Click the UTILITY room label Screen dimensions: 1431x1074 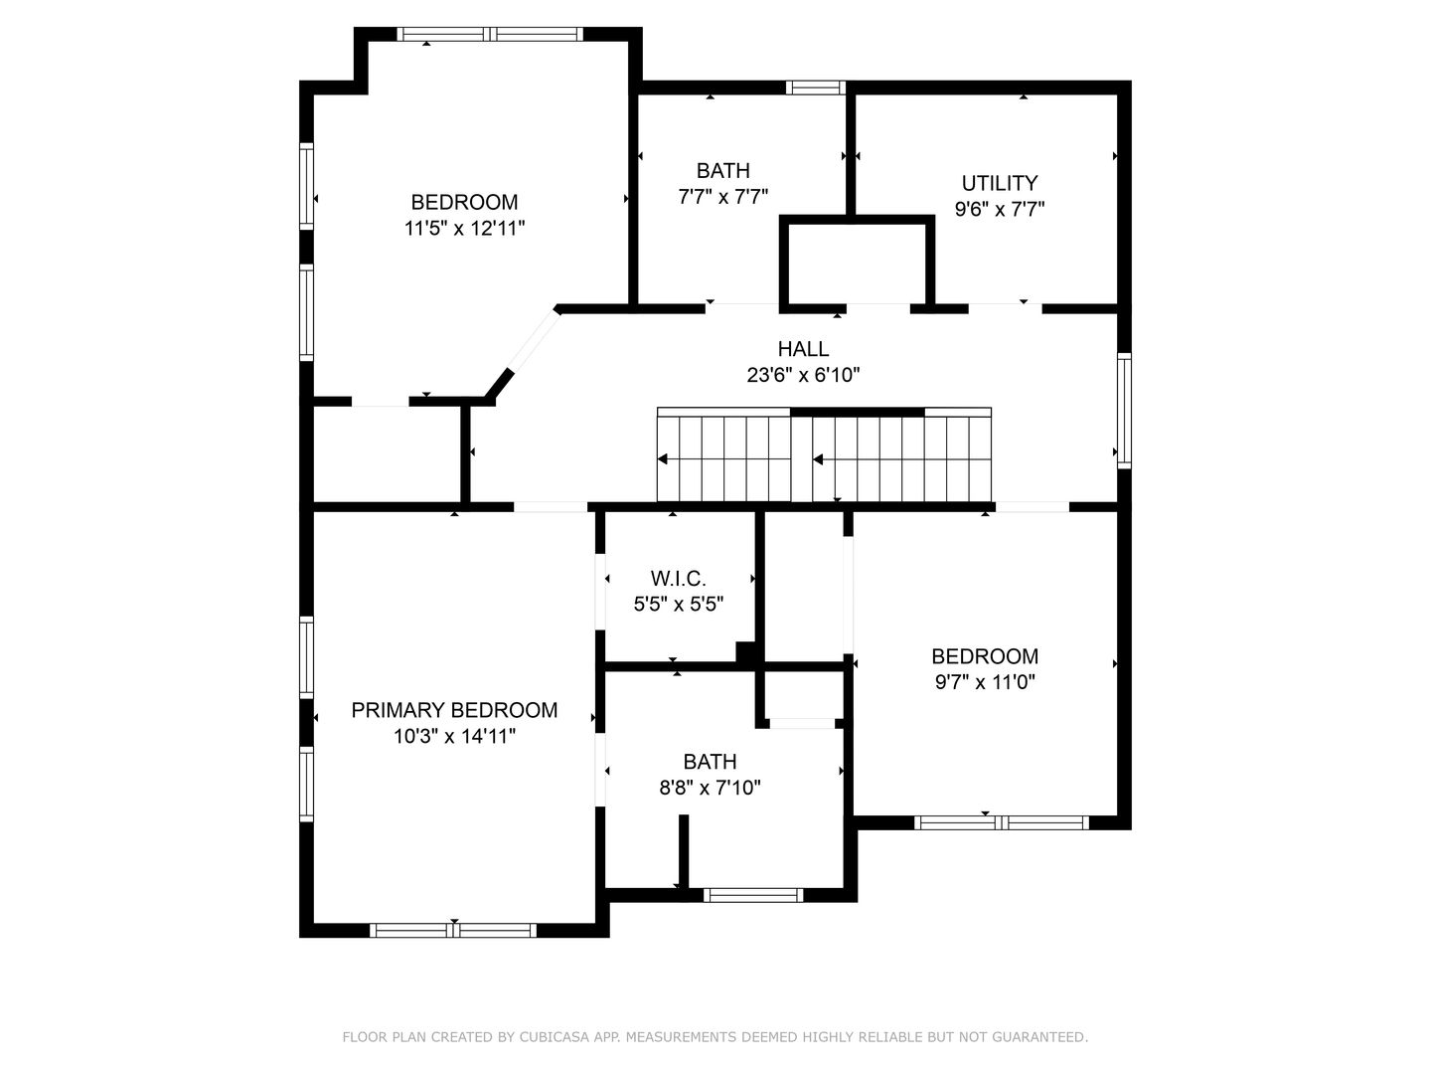coord(1000,183)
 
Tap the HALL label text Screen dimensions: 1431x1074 coord(803,349)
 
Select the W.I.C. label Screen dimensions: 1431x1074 coord(678,579)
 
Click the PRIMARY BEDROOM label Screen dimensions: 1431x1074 coord(454,710)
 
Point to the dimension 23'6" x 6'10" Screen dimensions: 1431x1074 coord(803,375)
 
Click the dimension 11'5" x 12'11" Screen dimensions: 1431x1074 coord(464,229)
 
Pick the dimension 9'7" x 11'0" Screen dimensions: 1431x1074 coord(985,682)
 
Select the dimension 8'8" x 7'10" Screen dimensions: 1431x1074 coord(710,788)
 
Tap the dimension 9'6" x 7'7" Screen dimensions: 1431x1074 coord(1000,209)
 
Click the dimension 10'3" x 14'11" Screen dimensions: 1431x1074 coord(454,736)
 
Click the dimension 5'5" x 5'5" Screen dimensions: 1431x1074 coord(678,605)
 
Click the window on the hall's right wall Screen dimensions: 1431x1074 coord(1125,411)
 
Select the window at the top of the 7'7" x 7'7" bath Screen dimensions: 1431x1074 coord(816,89)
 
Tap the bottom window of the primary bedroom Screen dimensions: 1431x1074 coord(453,931)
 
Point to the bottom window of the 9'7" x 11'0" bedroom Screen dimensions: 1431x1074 coord(1002,823)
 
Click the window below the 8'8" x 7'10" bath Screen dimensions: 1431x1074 coord(753,895)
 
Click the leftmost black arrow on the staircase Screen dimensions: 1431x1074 coord(663,459)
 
